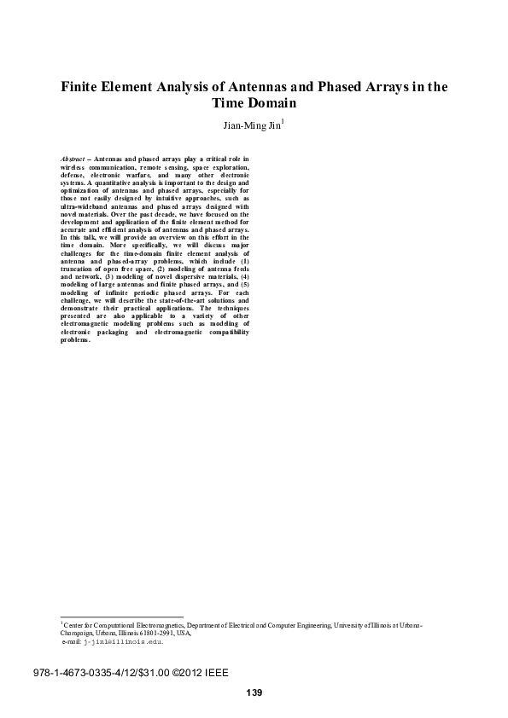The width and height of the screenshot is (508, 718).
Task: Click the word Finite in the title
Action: pyautogui.click(x=81, y=87)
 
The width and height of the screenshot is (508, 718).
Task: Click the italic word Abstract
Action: pyautogui.click(x=74, y=159)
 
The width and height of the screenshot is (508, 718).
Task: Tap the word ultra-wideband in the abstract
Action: pyautogui.click(x=83, y=206)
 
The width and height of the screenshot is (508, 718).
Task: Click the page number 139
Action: pyautogui.click(x=254, y=692)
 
